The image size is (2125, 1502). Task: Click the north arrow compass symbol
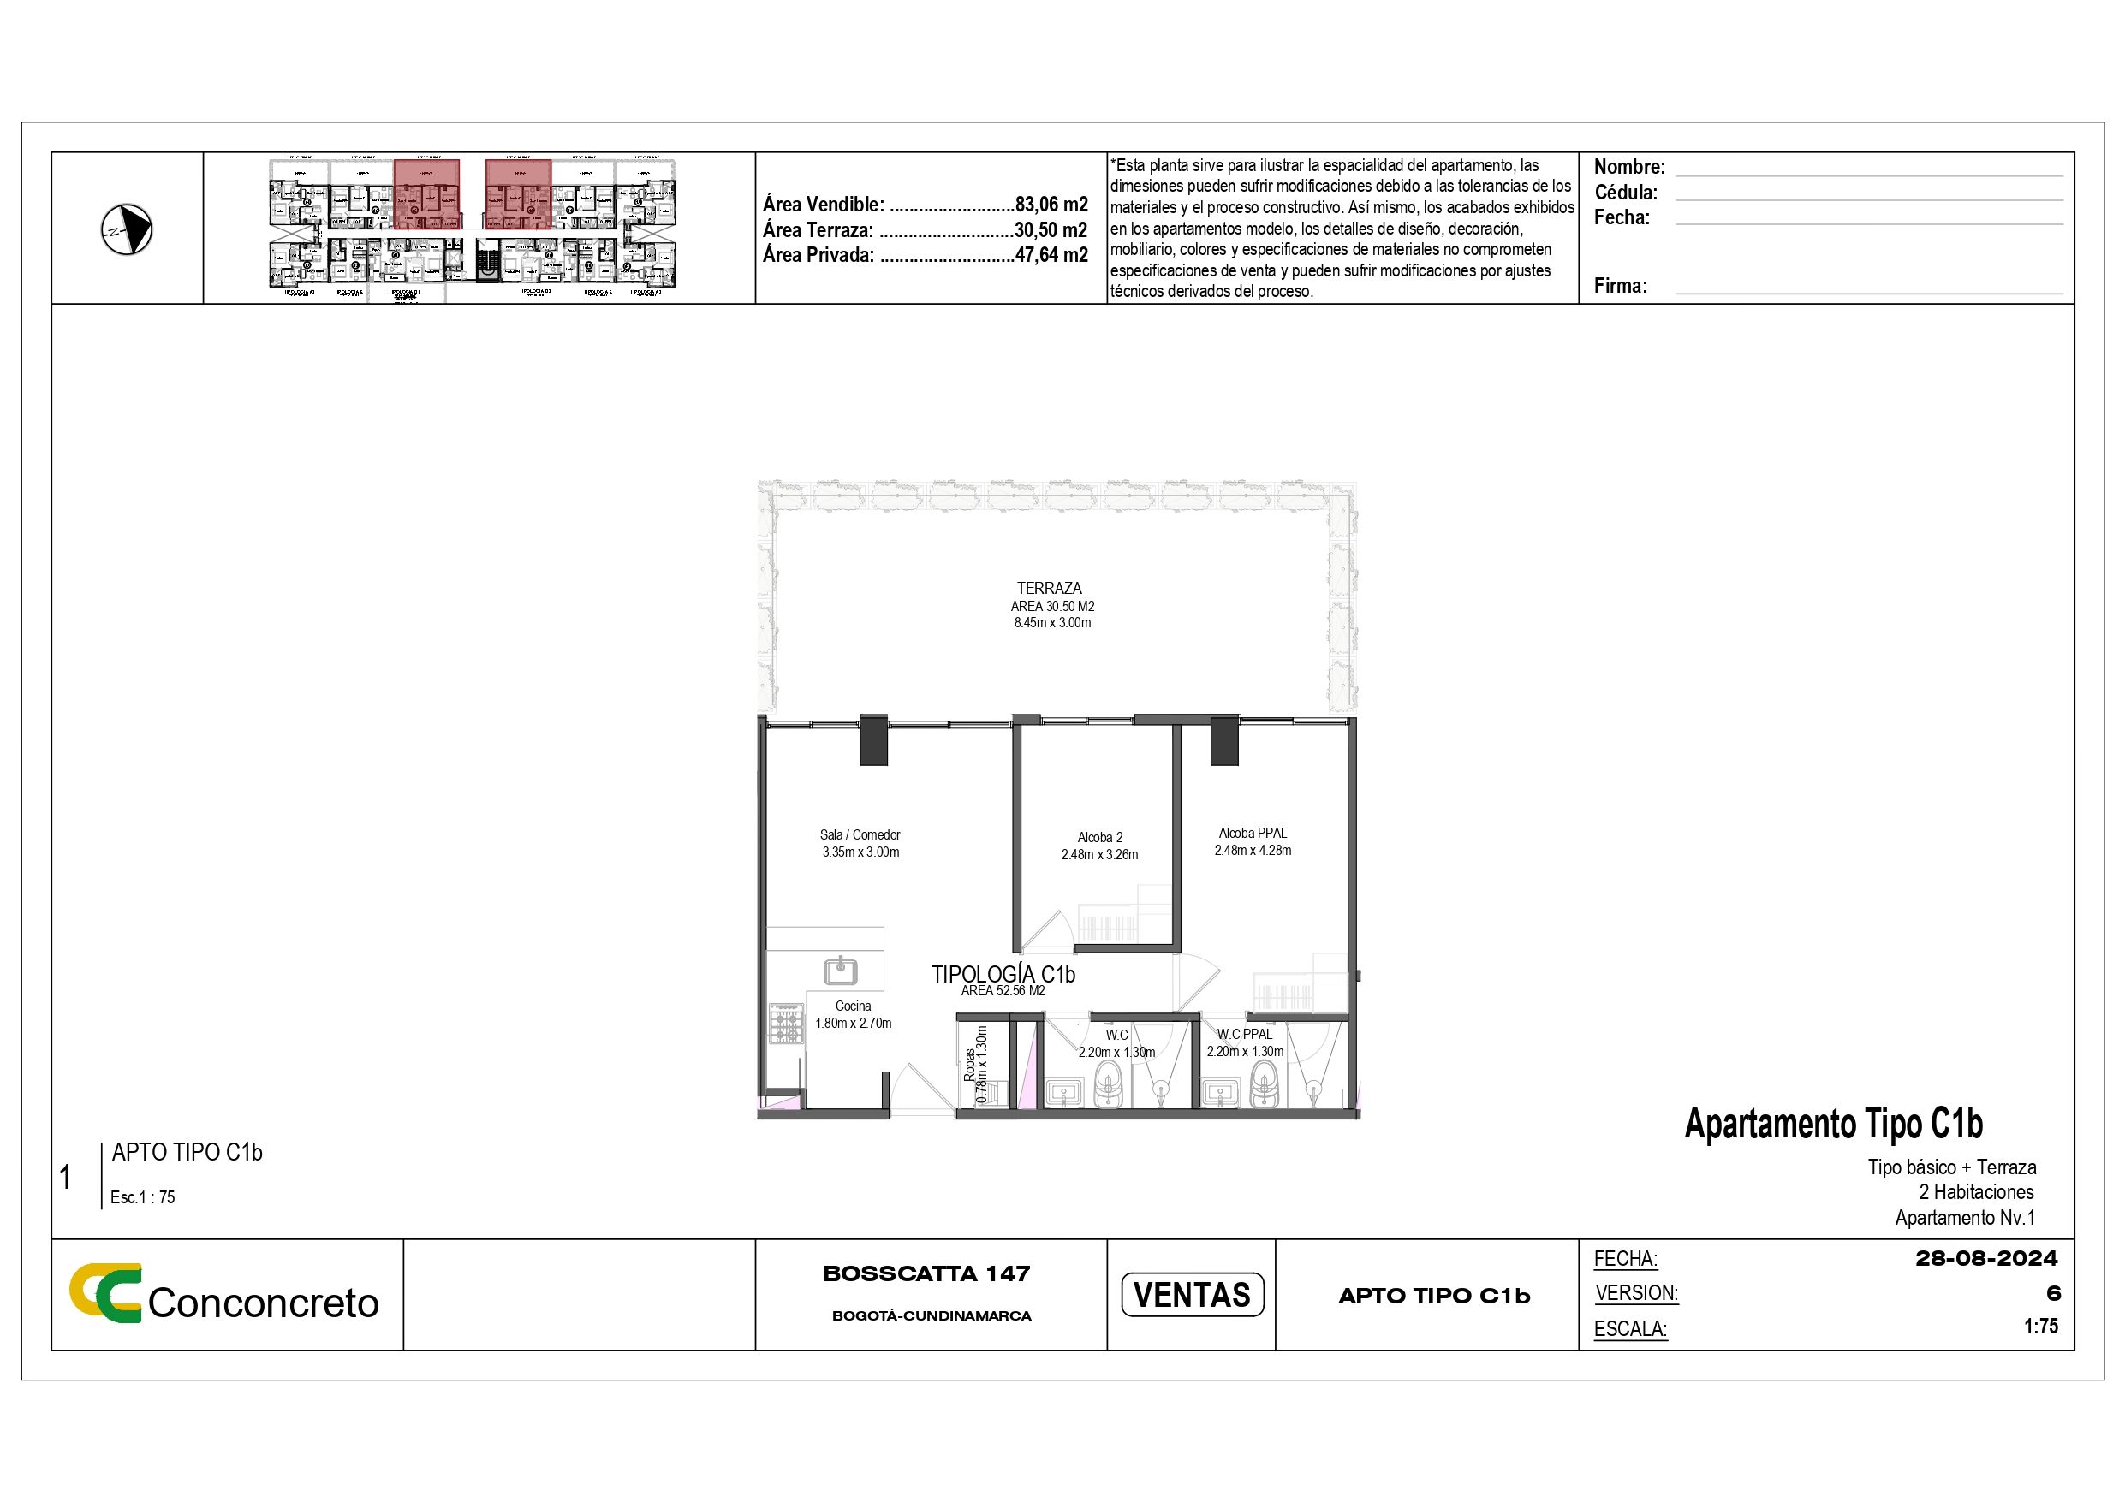pyautogui.click(x=127, y=229)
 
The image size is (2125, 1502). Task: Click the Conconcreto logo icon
pyautogui.click(x=105, y=1292)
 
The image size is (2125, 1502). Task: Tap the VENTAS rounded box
pyautogui.click(x=1191, y=1295)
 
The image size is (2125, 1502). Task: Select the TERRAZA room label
pyautogui.click(x=1049, y=588)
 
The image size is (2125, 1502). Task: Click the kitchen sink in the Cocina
pyautogui.click(x=841, y=971)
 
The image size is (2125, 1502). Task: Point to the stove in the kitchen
pyautogui.click(x=786, y=1024)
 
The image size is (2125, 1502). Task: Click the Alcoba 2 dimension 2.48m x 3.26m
pyautogui.click(x=1099, y=854)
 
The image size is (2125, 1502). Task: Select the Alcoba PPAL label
pyautogui.click(x=1253, y=833)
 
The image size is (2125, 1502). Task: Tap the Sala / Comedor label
pyautogui.click(x=860, y=834)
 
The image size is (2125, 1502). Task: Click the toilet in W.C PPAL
pyautogui.click(x=1265, y=1084)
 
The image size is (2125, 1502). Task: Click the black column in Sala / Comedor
pyautogui.click(x=872, y=739)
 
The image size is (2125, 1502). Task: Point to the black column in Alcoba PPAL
pyautogui.click(x=1224, y=739)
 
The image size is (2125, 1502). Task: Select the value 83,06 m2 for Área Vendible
pyautogui.click(x=1051, y=205)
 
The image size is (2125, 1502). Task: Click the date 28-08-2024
pyautogui.click(x=1986, y=1259)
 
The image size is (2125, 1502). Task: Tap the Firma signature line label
pyautogui.click(x=1620, y=286)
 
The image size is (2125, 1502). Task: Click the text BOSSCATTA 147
pyautogui.click(x=926, y=1273)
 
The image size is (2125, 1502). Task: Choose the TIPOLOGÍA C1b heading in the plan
pyautogui.click(x=1003, y=974)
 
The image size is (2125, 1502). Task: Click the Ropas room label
pyautogui.click(x=969, y=1066)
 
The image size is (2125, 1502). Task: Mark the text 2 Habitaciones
pyautogui.click(x=1976, y=1192)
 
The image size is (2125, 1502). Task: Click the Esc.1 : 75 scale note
pyautogui.click(x=142, y=1196)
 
